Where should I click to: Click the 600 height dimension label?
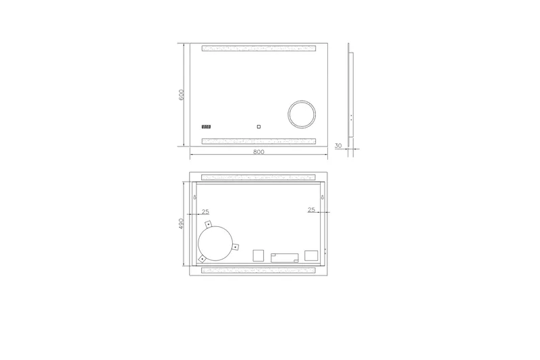pos(182,95)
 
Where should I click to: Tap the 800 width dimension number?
pos(258,152)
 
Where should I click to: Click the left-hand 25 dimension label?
pos(205,210)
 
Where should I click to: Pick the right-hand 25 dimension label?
pos(311,210)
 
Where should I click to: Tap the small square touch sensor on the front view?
pos(257,126)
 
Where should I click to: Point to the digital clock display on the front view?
pos(207,126)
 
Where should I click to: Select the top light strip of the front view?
pos(259,49)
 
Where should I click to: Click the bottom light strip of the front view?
pos(259,141)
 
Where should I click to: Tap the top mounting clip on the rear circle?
pos(209,224)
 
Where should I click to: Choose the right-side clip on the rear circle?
pos(234,247)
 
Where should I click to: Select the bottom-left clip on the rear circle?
pos(202,258)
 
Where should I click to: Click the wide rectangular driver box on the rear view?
pos(284,257)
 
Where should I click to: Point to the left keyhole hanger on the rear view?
pos(196,198)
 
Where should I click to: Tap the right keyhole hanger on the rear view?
pos(322,198)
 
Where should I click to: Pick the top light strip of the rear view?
pos(259,177)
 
